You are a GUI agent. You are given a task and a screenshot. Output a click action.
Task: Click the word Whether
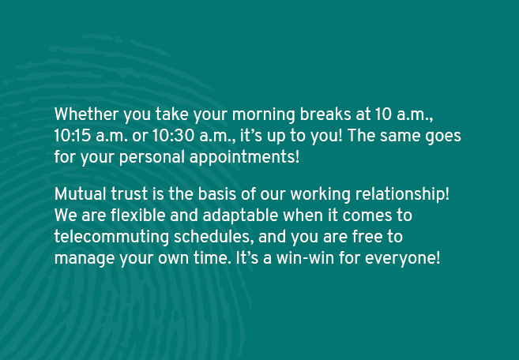(x=86, y=114)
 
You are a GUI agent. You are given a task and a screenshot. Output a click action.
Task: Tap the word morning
(x=264, y=115)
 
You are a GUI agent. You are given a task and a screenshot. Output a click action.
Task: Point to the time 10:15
(x=72, y=136)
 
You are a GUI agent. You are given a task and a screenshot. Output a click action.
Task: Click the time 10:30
(x=173, y=136)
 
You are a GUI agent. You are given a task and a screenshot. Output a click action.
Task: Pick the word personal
(x=152, y=157)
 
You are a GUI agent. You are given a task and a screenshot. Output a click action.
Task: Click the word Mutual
(x=80, y=194)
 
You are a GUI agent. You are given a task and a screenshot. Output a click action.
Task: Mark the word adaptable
(x=240, y=216)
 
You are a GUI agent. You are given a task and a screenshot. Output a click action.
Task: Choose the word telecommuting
(x=111, y=238)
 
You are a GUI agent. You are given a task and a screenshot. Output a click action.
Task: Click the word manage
(x=85, y=259)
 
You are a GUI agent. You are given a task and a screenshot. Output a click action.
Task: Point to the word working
(x=320, y=194)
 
